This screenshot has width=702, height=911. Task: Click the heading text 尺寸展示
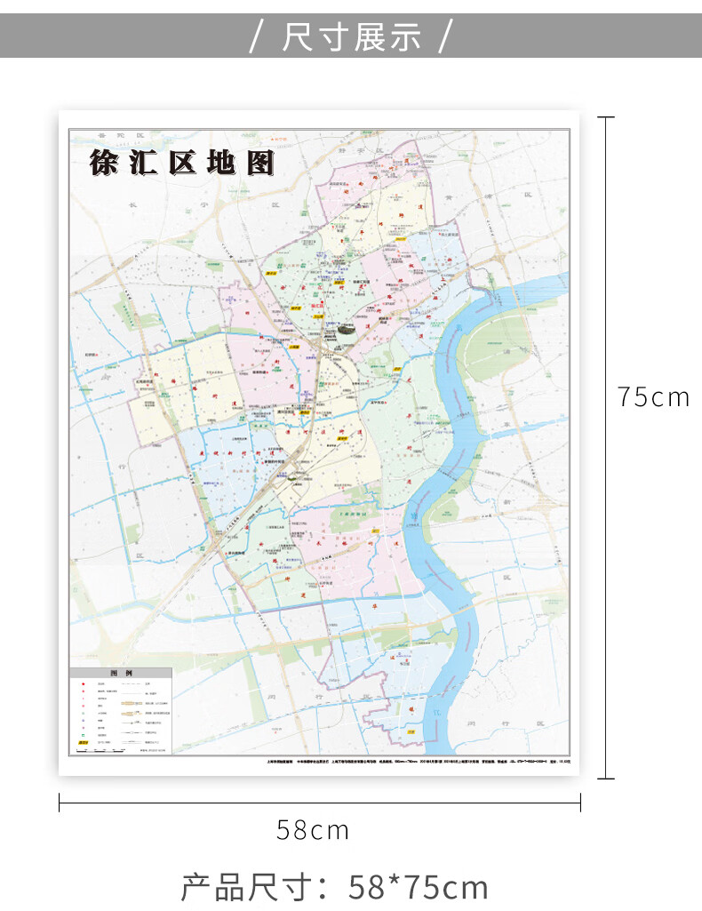pyautogui.click(x=352, y=37)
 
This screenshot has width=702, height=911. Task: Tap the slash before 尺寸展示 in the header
pyautogui.click(x=257, y=37)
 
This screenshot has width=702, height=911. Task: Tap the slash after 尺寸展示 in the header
pyautogui.click(x=446, y=37)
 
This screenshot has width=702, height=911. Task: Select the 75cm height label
pyautogui.click(x=653, y=397)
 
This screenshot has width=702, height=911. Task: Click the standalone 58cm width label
pyautogui.click(x=313, y=831)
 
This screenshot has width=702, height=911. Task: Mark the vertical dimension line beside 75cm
pyautogui.click(x=606, y=444)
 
